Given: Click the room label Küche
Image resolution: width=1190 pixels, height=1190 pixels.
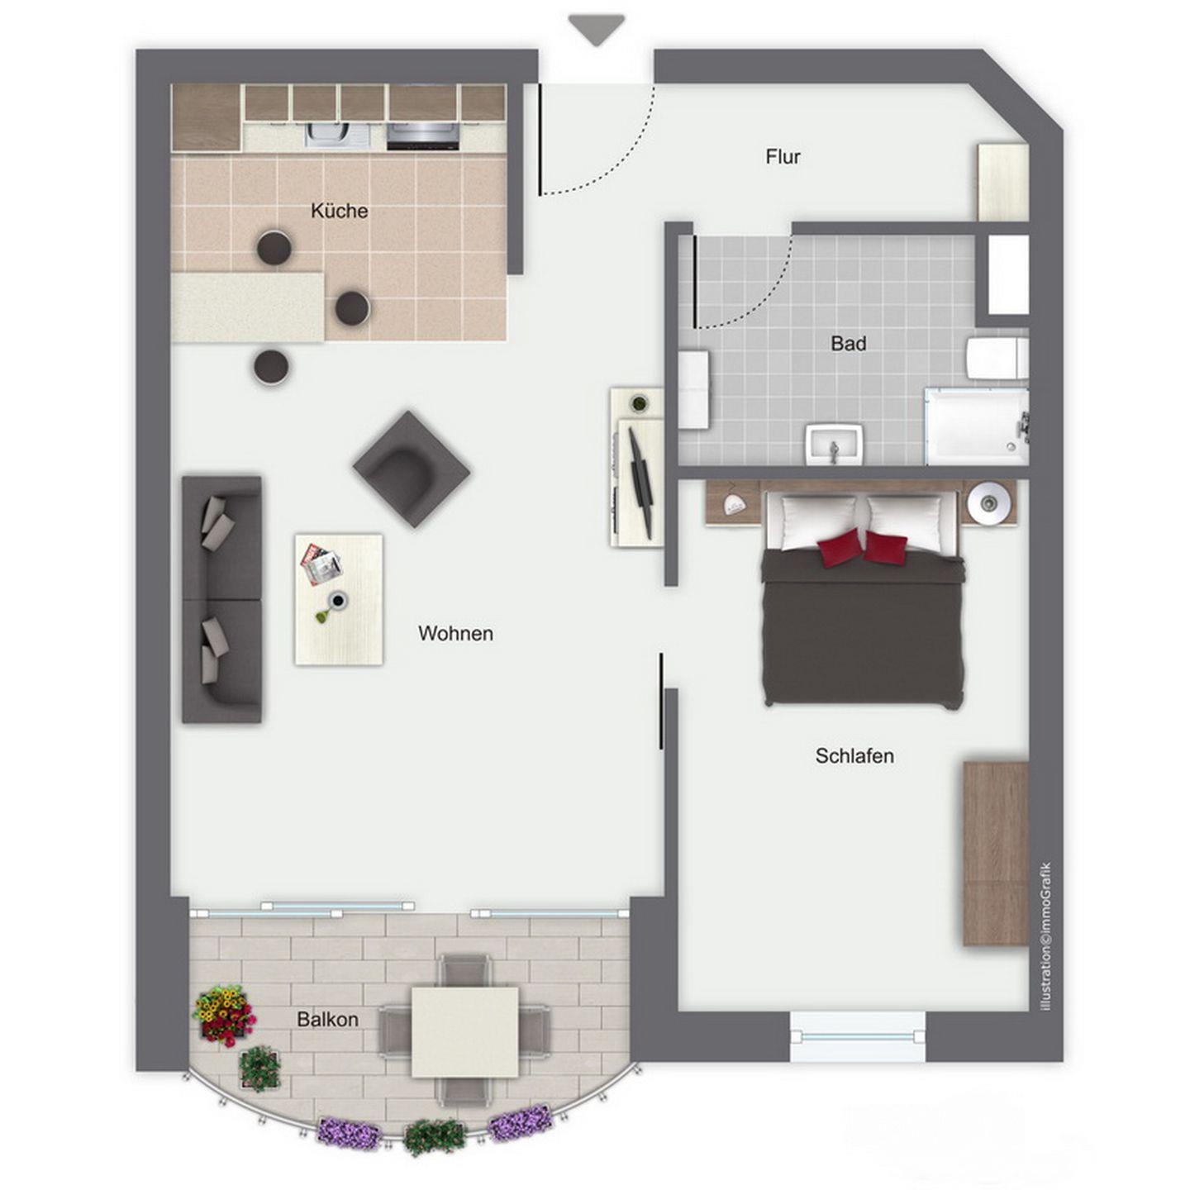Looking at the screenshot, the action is tap(339, 212).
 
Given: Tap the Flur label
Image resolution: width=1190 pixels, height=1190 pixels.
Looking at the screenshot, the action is tap(783, 157).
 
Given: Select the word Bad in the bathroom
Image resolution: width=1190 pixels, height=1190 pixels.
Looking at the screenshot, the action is tap(848, 343).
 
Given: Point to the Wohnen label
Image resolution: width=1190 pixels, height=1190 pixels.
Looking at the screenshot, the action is tap(455, 633).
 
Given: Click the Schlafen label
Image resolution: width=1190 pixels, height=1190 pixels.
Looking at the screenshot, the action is tap(854, 756).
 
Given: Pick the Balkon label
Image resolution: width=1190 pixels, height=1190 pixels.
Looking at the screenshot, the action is tap(328, 1020).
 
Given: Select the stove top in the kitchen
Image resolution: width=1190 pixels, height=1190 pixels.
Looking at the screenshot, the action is tap(424, 136).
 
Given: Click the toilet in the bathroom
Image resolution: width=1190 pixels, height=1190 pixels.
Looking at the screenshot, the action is tap(996, 358).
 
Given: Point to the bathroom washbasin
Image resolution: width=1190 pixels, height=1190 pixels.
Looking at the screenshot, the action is tap(834, 444).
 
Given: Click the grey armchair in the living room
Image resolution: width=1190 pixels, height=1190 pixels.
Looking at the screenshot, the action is tap(412, 469).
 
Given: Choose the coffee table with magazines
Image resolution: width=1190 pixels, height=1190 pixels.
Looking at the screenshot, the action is tap(339, 599).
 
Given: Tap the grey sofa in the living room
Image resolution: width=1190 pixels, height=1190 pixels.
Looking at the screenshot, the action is tap(221, 599).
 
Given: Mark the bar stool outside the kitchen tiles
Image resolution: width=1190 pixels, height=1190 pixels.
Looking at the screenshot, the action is tap(271, 367).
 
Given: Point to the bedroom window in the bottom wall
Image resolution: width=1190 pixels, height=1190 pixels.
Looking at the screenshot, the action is tap(859, 1045).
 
